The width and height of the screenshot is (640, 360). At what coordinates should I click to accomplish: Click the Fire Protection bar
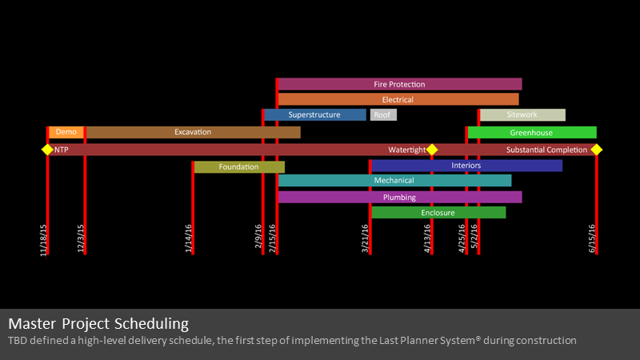pos(400,84)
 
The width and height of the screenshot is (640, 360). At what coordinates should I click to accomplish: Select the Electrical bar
pos(398,99)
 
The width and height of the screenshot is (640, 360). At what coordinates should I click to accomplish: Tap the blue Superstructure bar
pos(315,114)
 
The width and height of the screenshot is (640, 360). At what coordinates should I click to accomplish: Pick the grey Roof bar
pos(383,114)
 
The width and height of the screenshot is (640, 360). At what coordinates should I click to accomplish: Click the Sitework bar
pos(523,114)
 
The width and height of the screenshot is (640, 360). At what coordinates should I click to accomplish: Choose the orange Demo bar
pos(66,132)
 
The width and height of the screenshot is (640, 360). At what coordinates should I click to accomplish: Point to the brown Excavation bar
pos(194,132)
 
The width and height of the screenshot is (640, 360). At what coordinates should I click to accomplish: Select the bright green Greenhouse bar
pos(532,132)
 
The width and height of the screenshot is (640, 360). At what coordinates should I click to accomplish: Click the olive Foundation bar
pos(239,167)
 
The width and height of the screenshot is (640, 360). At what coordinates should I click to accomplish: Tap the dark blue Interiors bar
pos(467,166)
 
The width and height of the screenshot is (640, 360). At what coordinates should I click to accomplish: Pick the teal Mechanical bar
pos(394,181)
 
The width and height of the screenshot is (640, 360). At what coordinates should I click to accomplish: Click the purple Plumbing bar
pos(400,197)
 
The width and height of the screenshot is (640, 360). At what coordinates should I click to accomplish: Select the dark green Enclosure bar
pos(438,212)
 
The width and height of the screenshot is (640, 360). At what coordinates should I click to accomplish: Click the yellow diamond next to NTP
pos(47,150)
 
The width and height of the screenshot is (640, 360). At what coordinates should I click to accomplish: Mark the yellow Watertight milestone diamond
pos(432,150)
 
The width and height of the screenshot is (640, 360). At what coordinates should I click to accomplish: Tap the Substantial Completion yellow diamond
pos(596,150)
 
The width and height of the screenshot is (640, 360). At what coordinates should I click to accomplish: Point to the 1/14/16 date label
pos(188,238)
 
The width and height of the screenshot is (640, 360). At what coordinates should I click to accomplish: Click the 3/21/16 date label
pos(365,238)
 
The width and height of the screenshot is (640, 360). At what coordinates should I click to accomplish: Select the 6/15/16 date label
pos(592,238)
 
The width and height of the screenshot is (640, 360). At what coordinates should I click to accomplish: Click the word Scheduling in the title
pos(151,324)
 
